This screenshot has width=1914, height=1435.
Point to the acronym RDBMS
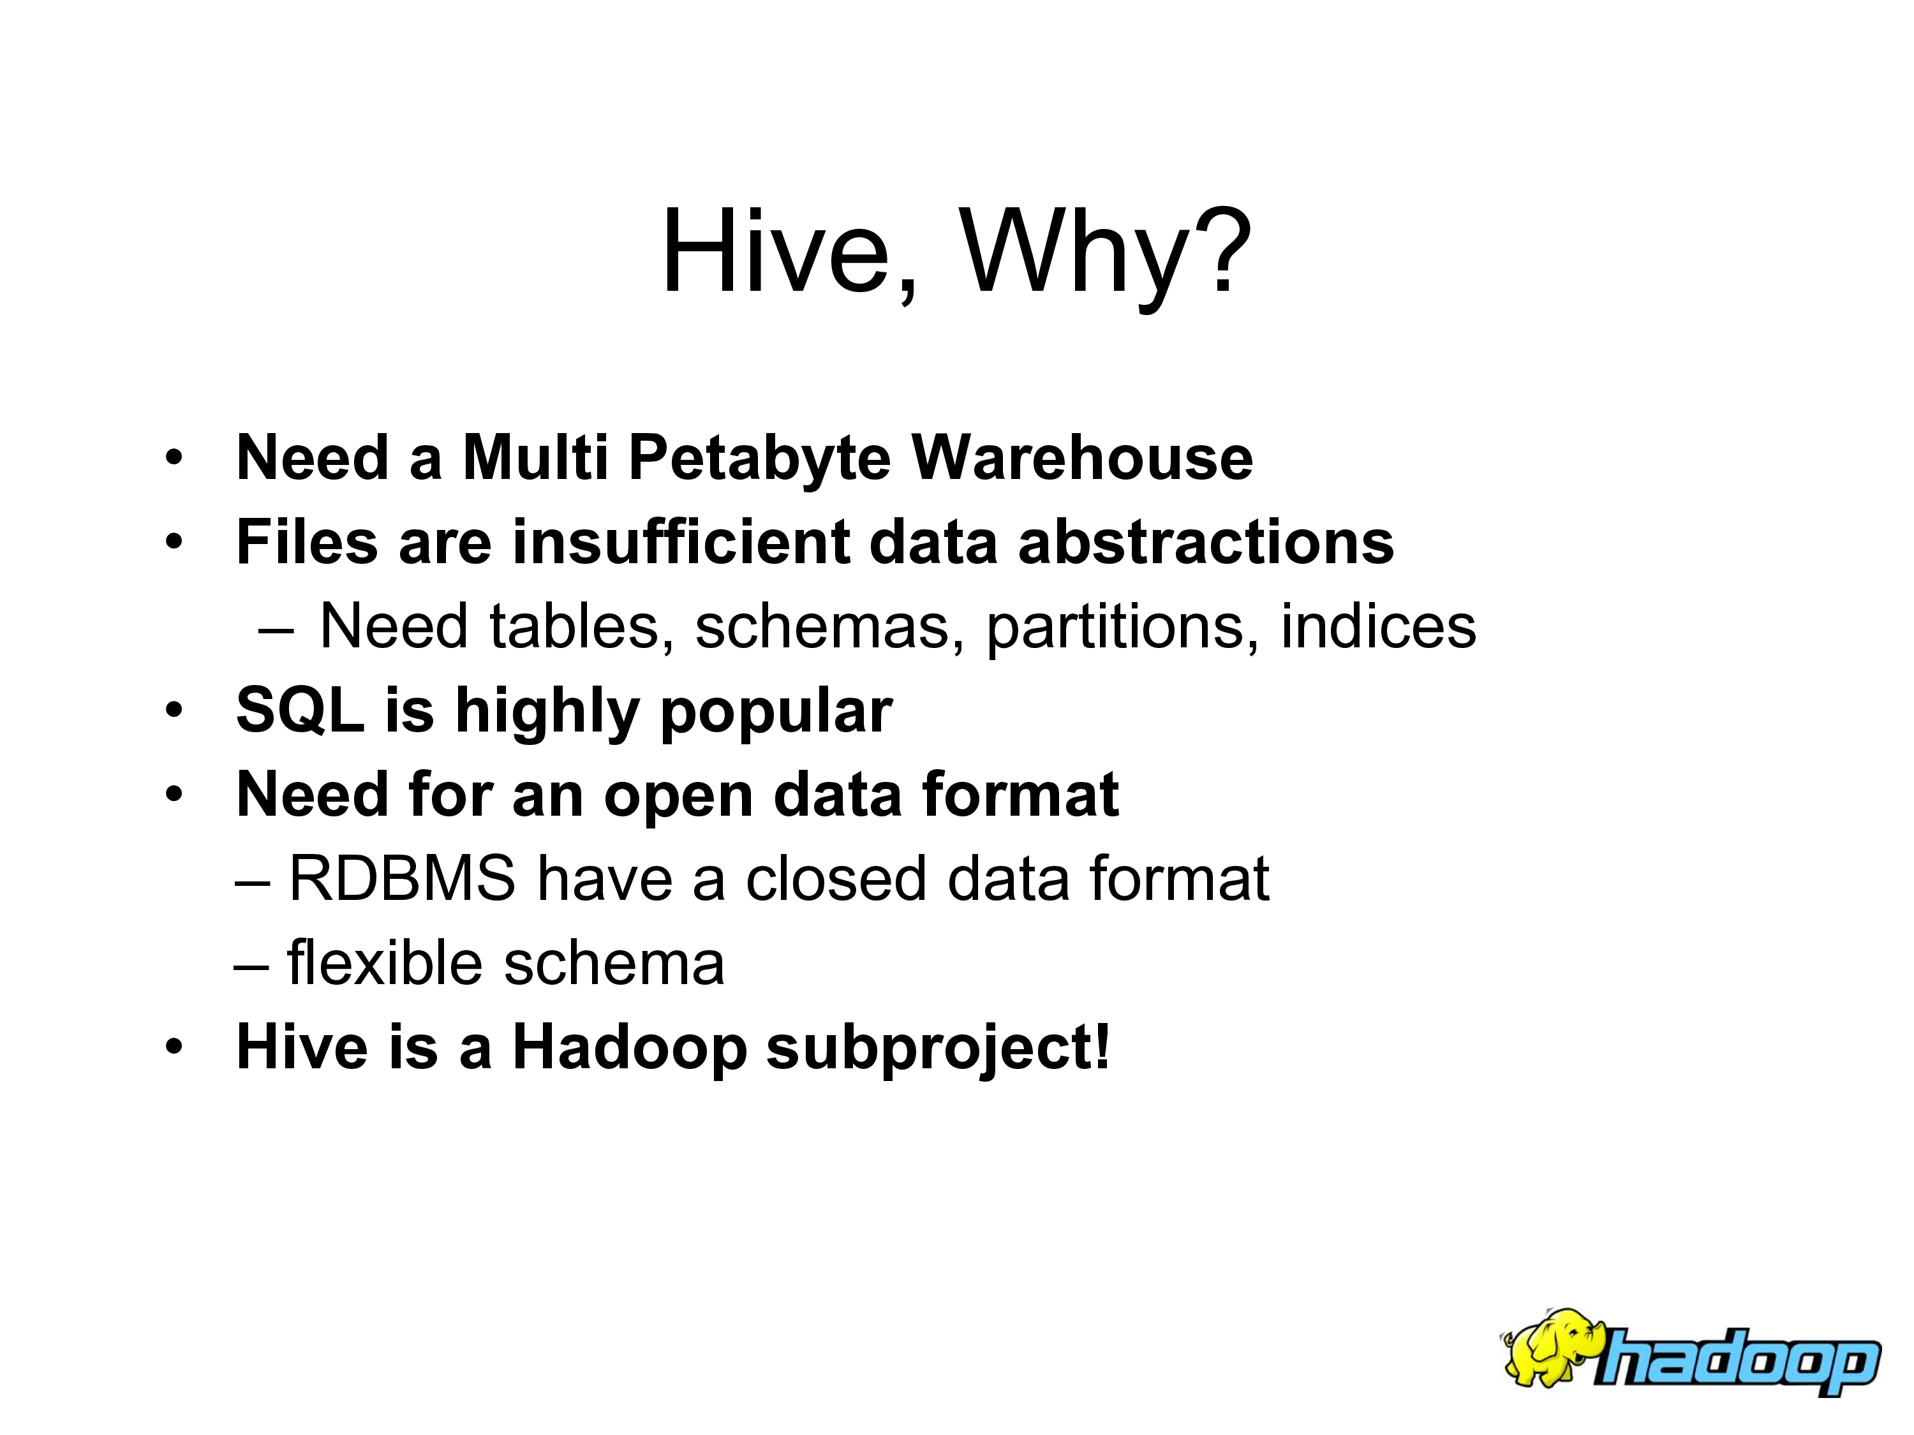pos(401,878)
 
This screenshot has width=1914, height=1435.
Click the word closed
pos(836,878)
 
